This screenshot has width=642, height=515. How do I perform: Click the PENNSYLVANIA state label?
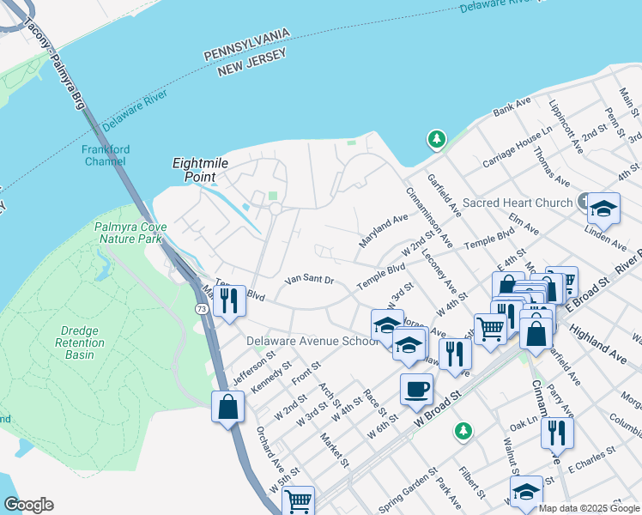pyautogui.click(x=246, y=45)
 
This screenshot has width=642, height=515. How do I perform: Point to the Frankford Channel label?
pyautogui.click(x=105, y=154)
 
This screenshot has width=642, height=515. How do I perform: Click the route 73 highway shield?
pyautogui.click(x=200, y=308)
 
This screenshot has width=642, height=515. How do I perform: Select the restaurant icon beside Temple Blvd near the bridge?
pyautogui.click(x=228, y=300)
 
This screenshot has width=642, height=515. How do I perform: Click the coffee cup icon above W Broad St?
pyautogui.click(x=416, y=388)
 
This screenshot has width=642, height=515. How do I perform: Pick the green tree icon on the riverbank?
pyautogui.click(x=437, y=138)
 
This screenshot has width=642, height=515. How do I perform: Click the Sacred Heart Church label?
pyautogui.click(x=517, y=203)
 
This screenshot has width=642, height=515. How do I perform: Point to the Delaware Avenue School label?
pyautogui.click(x=312, y=341)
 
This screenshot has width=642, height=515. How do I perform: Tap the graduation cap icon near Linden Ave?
pyautogui.click(x=603, y=209)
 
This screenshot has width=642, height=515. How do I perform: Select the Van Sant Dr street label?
pyautogui.click(x=308, y=280)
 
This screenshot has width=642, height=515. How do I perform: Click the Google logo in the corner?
pyautogui.click(x=28, y=505)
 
